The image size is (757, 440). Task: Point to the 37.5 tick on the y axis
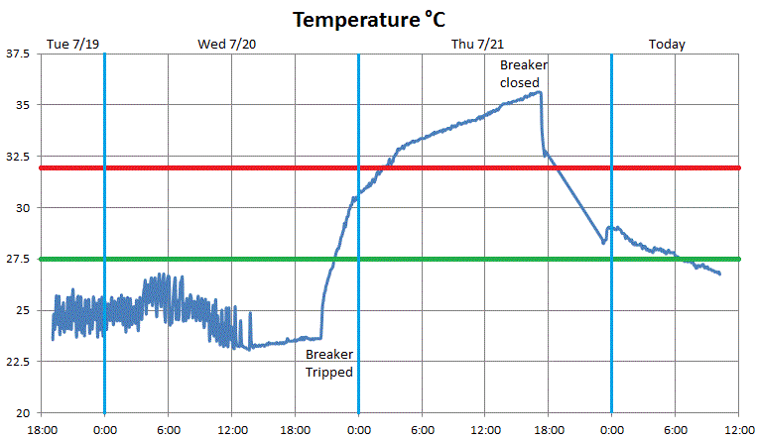(18, 54)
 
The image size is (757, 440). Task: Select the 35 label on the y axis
(24, 105)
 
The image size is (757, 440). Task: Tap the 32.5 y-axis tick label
(18, 157)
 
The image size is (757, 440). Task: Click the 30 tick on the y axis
(24, 208)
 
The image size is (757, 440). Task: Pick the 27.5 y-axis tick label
(18, 260)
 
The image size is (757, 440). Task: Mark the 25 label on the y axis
(24, 310)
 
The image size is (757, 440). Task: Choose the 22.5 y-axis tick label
(18, 362)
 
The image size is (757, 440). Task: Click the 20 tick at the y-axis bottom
(24, 413)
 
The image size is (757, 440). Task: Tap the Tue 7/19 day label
(73, 44)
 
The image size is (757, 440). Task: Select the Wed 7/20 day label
(227, 44)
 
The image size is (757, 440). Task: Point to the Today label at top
(667, 44)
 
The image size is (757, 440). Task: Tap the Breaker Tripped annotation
(328, 363)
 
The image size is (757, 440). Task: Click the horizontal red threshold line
(397, 167)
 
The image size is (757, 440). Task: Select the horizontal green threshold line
(397, 259)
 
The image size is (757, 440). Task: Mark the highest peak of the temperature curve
(539, 92)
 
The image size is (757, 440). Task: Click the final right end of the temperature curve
(719, 274)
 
